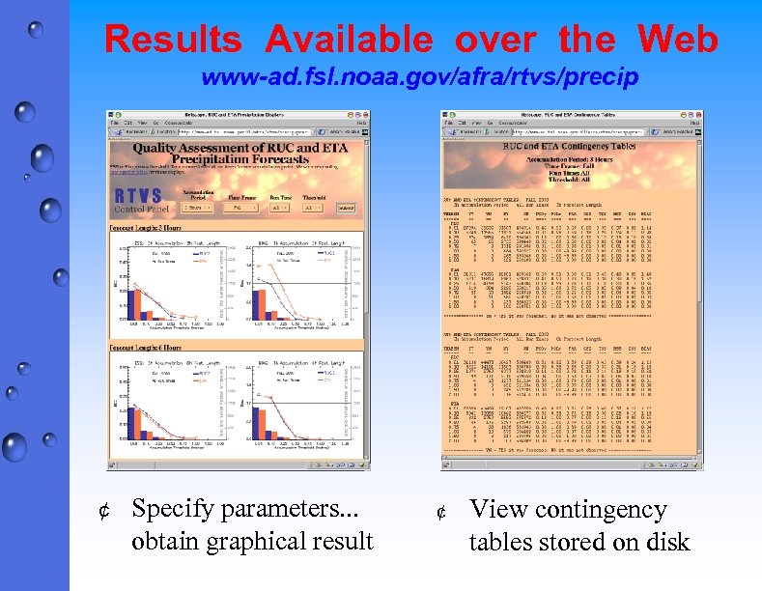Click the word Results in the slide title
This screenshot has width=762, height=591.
[173, 40]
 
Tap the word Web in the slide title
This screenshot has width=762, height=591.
[677, 40]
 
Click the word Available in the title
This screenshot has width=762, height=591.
[349, 40]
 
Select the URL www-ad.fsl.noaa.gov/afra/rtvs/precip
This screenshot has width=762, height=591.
[420, 78]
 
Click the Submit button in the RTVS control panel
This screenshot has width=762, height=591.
[346, 207]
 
